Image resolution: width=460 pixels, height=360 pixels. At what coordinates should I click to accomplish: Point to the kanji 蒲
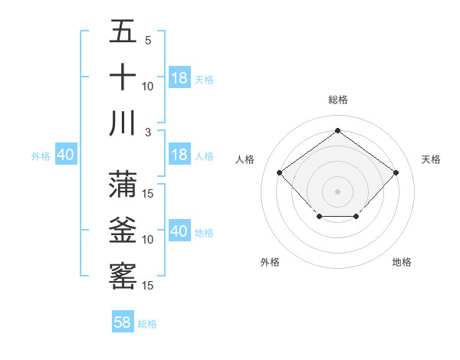tap(123, 184)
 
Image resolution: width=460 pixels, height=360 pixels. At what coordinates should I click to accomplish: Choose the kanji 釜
tap(123, 230)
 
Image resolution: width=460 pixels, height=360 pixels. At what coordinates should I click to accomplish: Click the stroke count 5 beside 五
tap(148, 41)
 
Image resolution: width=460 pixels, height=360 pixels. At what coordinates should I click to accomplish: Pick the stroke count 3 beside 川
tap(148, 132)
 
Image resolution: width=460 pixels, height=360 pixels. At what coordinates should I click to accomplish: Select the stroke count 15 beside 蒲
tap(149, 193)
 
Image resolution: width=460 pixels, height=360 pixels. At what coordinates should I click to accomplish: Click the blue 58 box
tap(123, 322)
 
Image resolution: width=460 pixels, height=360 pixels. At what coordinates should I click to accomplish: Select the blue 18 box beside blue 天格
tap(179, 78)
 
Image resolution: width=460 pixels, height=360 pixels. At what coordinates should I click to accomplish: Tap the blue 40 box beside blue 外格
tap(65, 155)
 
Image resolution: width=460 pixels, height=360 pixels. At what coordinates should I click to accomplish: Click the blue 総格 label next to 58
tap(148, 324)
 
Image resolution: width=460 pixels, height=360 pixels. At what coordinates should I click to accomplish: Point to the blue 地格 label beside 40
tap(205, 232)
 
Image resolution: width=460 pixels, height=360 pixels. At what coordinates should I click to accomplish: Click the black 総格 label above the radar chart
tap(337, 100)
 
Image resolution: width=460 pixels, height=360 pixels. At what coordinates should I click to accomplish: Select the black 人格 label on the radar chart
tap(245, 159)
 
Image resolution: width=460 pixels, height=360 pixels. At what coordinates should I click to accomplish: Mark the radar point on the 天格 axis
tap(396, 172)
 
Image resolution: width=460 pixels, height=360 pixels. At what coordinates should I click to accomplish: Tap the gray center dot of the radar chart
tap(337, 191)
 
